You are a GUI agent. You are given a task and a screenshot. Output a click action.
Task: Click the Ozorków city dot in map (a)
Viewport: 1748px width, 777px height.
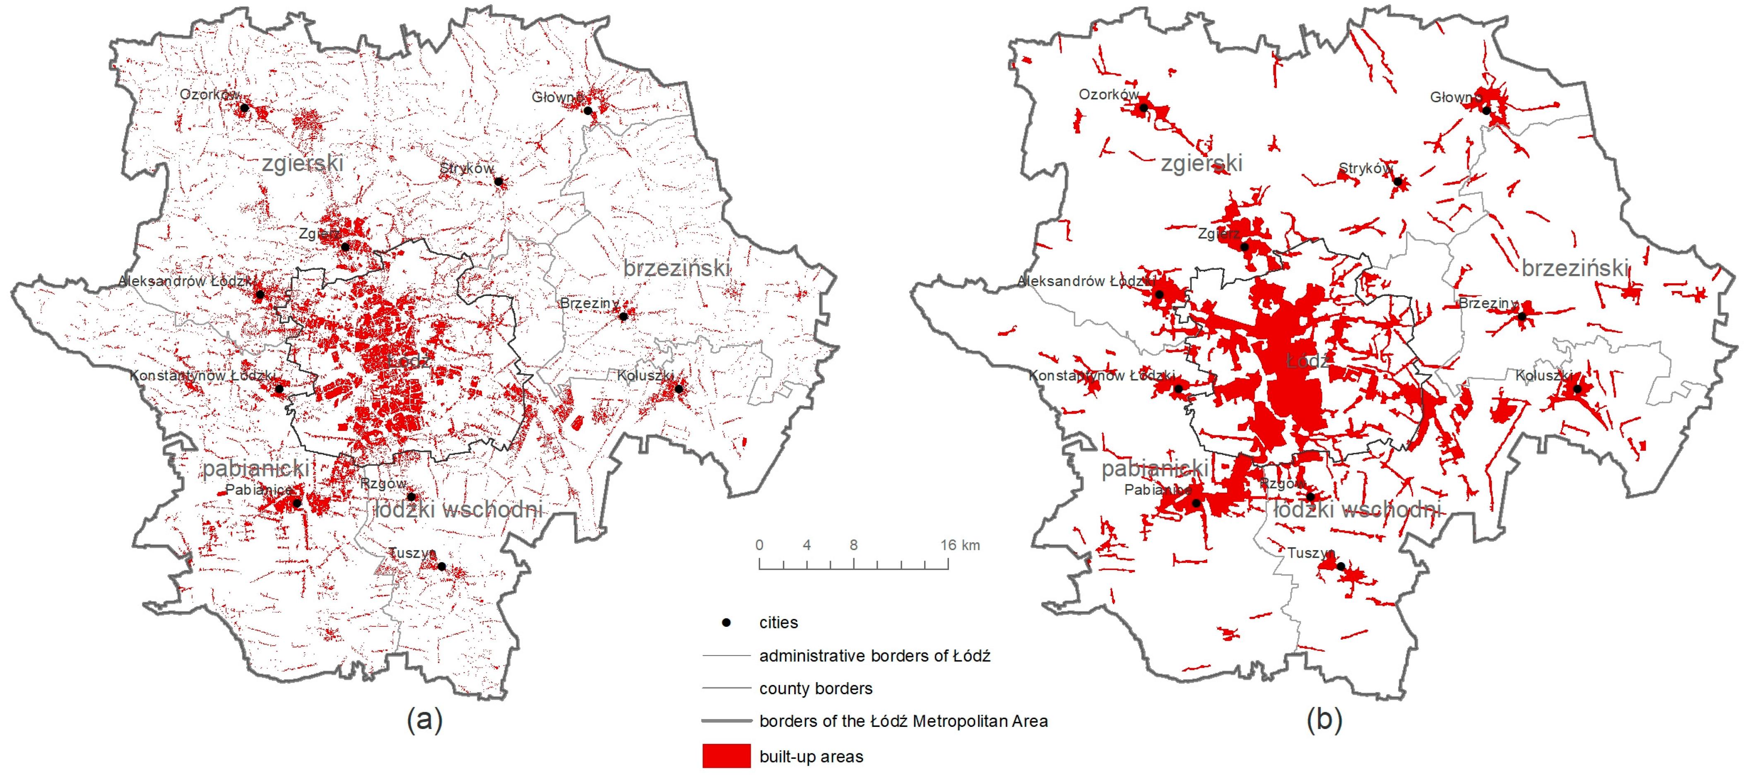click(x=244, y=107)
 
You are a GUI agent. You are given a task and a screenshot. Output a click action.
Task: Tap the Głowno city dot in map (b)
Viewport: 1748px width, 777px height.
click(x=1486, y=111)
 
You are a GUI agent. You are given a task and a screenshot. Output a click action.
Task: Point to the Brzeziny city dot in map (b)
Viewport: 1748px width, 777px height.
click(x=1522, y=316)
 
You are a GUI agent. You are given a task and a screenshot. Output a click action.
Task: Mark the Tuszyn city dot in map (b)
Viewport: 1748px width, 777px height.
click(x=1341, y=566)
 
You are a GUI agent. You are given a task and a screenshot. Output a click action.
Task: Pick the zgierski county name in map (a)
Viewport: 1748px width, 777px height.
click(x=303, y=163)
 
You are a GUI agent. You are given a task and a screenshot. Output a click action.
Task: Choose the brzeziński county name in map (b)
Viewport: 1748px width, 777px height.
click(x=1574, y=268)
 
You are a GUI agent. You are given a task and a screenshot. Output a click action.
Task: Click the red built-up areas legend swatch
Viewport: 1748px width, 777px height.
click(x=726, y=756)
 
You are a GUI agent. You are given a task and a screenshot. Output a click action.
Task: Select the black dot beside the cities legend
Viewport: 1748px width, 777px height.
click(x=726, y=622)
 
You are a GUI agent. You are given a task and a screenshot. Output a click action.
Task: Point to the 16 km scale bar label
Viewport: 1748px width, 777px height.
click(x=960, y=545)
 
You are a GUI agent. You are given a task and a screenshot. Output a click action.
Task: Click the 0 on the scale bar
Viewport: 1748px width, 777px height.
click(x=759, y=545)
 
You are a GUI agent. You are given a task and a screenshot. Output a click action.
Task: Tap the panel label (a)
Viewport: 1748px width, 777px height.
click(x=425, y=719)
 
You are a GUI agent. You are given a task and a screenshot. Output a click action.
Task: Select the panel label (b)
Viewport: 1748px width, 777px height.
click(x=1324, y=719)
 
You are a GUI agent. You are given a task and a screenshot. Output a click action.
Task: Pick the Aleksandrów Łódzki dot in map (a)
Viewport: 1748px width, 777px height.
click(x=260, y=294)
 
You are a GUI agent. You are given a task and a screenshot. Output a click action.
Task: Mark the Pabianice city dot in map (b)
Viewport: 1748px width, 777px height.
click(x=1196, y=503)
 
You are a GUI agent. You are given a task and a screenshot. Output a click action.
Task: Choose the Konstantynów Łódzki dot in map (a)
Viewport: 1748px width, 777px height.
click(x=278, y=389)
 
